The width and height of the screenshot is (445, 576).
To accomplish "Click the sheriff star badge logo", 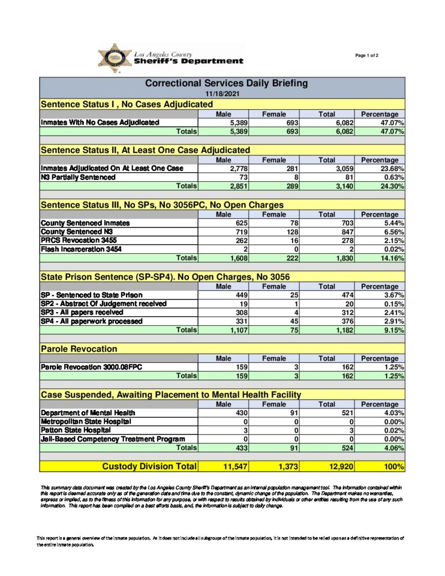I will click(x=114, y=58).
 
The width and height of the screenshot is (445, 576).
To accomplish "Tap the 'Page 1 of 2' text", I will click(x=367, y=55).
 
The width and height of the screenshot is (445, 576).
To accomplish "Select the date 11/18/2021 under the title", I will click(x=222, y=93).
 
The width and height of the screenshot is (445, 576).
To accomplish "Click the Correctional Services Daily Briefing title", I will click(x=226, y=83).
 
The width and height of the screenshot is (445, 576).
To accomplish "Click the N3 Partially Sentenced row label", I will click(x=78, y=177).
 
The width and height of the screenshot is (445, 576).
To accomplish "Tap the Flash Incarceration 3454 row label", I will click(x=81, y=249).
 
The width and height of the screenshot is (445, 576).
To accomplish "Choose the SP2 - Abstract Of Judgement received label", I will click(x=104, y=304).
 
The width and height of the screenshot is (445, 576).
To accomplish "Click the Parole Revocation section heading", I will click(x=79, y=349).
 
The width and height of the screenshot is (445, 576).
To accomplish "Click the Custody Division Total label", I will click(x=149, y=466).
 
